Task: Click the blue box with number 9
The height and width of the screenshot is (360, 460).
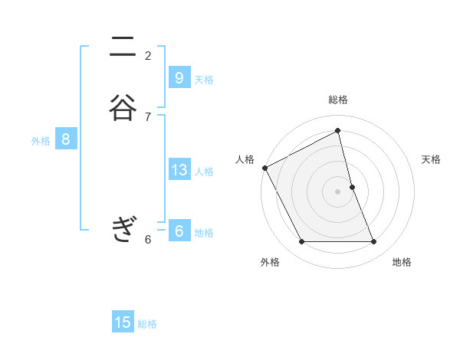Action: click(x=179, y=78)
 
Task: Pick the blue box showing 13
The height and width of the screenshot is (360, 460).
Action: click(x=179, y=170)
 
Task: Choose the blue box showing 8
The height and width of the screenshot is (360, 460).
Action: click(x=66, y=139)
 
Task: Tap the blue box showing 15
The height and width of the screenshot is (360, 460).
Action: click(x=123, y=322)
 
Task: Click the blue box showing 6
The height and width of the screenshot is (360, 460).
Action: click(x=179, y=231)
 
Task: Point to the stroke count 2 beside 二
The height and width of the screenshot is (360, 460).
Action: click(x=148, y=55)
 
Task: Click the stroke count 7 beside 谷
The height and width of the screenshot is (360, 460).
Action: click(x=148, y=116)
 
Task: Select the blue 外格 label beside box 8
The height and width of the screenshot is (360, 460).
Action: click(x=41, y=141)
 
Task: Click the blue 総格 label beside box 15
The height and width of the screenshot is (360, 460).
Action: click(x=147, y=324)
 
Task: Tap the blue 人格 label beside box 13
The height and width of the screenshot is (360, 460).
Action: click(x=204, y=172)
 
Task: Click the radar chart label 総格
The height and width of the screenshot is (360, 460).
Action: click(x=338, y=100)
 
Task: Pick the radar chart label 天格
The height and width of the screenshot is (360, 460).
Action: click(x=432, y=159)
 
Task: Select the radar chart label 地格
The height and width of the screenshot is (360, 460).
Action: click(x=402, y=263)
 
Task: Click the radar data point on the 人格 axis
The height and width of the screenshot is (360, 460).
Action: click(x=264, y=168)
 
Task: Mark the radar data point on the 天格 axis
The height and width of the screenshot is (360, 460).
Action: click(x=353, y=187)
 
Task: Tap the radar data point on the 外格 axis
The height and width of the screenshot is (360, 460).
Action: click(x=301, y=242)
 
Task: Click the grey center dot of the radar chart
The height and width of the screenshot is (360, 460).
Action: click(x=338, y=191)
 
